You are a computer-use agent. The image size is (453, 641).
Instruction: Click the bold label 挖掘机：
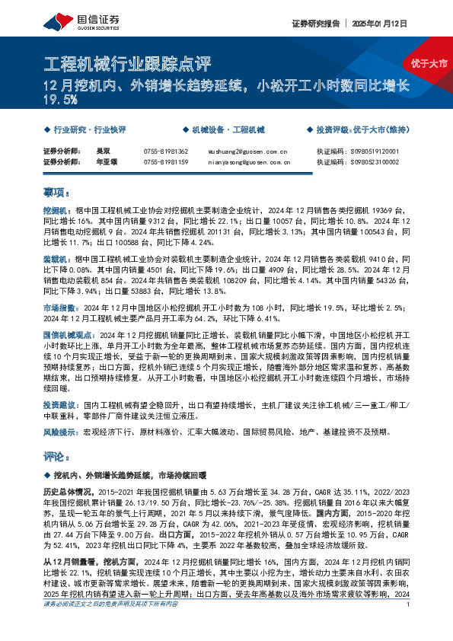pos(56,208)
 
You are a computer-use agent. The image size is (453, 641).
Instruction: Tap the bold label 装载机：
pos(56,260)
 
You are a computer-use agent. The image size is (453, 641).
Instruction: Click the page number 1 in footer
pos(409,626)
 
